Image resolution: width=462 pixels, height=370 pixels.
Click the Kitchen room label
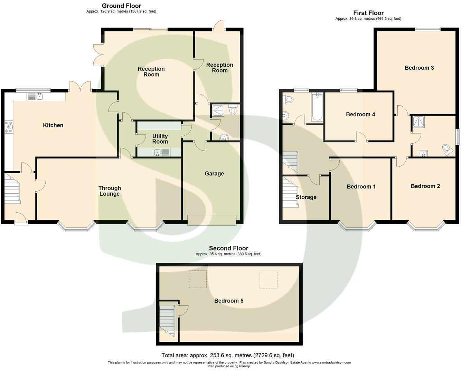(53, 125)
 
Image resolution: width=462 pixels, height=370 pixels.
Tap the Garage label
(214, 174)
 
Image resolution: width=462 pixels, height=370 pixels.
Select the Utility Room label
(160, 139)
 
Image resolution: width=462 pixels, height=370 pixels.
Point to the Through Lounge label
(110, 191)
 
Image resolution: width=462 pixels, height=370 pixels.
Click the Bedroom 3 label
(419, 68)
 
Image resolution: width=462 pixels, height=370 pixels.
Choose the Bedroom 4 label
(360, 114)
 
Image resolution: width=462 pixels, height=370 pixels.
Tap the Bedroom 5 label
(229, 301)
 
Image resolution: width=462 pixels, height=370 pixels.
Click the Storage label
(306, 197)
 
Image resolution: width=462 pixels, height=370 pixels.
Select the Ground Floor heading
(121, 6)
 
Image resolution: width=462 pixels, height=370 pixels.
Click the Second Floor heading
(228, 248)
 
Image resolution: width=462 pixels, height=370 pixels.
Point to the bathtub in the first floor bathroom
(317, 107)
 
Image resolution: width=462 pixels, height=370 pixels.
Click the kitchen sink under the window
(39, 96)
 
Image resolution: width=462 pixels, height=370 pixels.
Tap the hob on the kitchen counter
(8, 127)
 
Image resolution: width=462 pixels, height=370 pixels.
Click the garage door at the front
(212, 220)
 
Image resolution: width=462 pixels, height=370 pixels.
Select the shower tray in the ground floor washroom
(218, 110)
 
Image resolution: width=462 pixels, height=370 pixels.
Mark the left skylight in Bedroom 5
(198, 279)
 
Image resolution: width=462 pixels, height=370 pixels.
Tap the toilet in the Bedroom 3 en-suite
(448, 149)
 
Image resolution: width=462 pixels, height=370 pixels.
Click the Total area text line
(228, 355)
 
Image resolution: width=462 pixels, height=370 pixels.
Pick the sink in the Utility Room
(157, 152)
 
